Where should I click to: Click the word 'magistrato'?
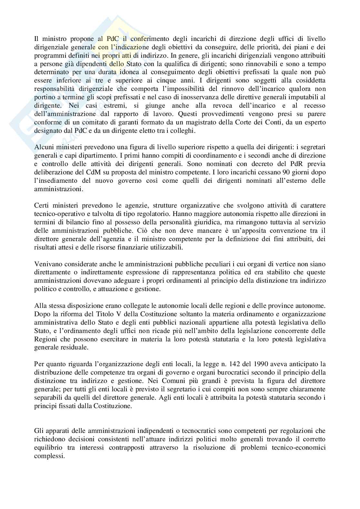[203, 122]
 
